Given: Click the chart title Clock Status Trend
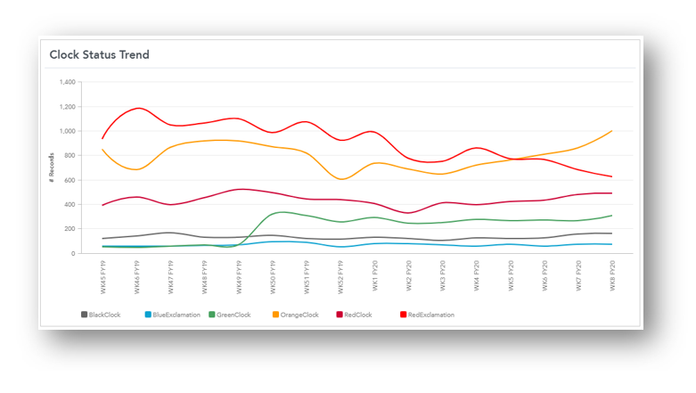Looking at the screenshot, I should coord(99,54).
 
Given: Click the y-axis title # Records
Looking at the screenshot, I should coord(53,168).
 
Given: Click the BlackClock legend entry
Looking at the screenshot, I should coord(103,315).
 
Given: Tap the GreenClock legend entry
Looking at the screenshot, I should coord(232,315).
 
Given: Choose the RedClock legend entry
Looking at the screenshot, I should coord(356,315).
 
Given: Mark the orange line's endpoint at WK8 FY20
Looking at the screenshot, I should coord(612,131).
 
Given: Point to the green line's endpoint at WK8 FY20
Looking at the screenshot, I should coord(612,216).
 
